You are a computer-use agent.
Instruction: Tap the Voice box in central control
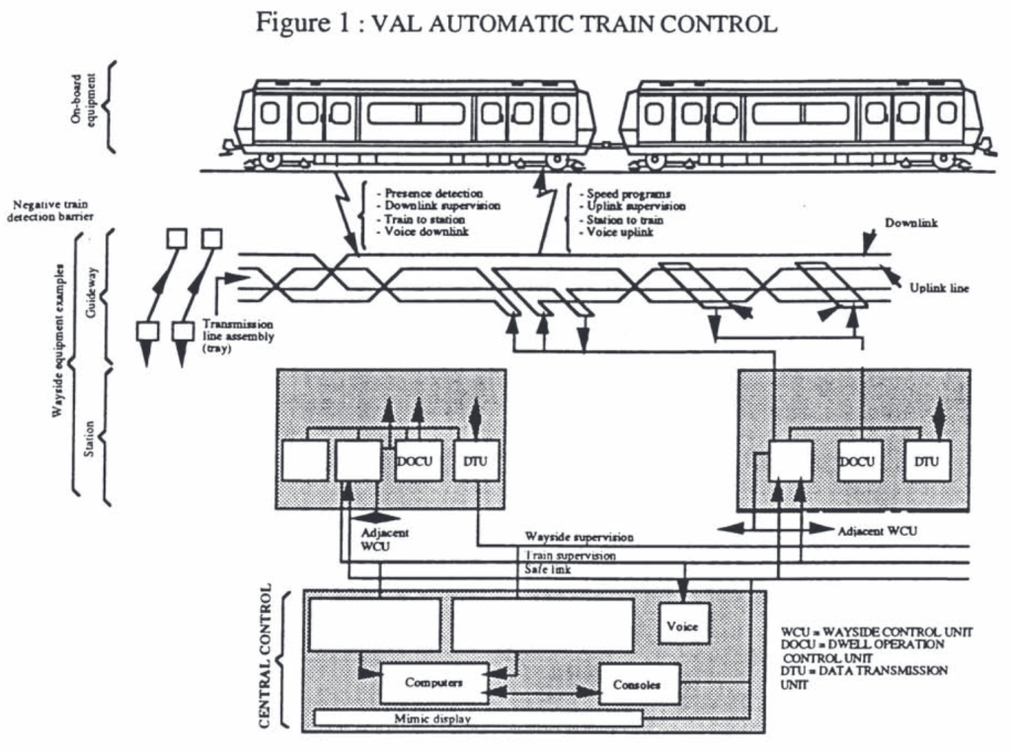tap(683, 625)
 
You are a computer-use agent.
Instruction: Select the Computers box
tap(433, 682)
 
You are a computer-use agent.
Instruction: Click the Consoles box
tap(639, 683)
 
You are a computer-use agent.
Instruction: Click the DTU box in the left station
tap(475, 461)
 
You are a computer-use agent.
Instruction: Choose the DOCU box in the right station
tap(860, 461)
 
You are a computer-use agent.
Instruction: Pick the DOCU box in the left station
tap(418, 461)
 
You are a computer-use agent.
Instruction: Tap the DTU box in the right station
tap(927, 461)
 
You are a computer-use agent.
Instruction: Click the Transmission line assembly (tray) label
tap(238, 336)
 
